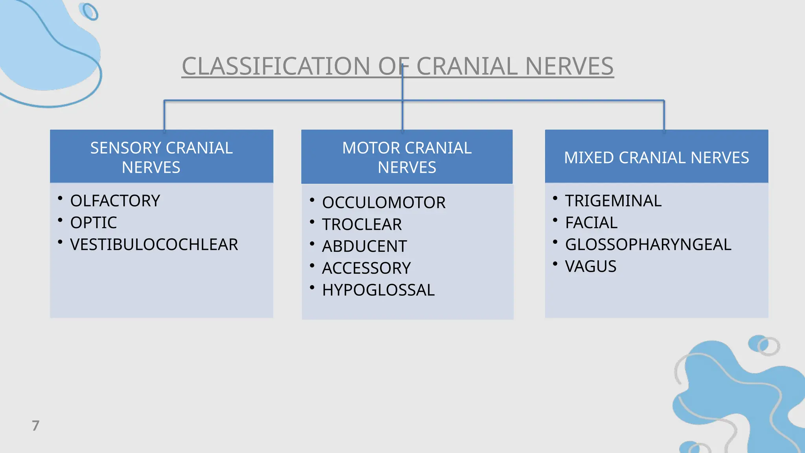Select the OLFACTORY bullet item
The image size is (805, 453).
click(x=115, y=201)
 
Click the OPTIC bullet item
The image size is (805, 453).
click(x=93, y=223)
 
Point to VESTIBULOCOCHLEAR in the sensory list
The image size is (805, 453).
click(x=154, y=245)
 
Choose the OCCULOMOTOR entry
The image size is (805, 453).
click(x=384, y=203)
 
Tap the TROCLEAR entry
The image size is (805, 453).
click(x=362, y=225)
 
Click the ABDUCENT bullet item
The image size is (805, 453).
click(x=364, y=247)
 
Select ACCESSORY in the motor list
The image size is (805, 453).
click(x=366, y=268)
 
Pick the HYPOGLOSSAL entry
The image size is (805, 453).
click(x=378, y=290)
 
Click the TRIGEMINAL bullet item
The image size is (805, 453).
click(x=613, y=201)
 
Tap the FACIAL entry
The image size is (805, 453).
click(x=591, y=223)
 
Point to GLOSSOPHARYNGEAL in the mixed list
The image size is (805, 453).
click(x=648, y=245)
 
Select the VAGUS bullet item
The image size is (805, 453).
click(x=590, y=267)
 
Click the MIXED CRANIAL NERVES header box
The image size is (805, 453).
click(x=656, y=157)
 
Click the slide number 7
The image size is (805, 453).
click(x=35, y=425)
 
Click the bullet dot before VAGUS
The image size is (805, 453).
click(x=555, y=263)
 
